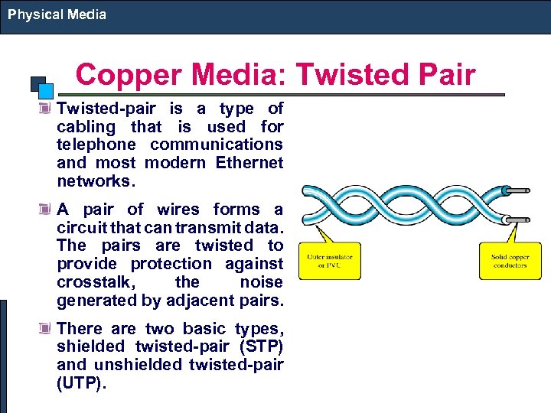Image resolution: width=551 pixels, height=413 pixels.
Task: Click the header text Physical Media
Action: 57,14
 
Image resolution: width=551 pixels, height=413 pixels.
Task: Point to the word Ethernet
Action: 249,163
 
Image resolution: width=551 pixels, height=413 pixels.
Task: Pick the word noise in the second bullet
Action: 261,281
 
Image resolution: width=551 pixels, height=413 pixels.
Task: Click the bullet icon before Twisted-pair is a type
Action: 47,109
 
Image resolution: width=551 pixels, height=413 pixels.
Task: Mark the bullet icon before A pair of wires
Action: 47,210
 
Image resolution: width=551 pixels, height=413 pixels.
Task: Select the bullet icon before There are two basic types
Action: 47,329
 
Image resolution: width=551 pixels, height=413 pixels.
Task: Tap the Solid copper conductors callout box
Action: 510,261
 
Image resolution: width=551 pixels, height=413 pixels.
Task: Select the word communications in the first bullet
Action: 217,145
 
